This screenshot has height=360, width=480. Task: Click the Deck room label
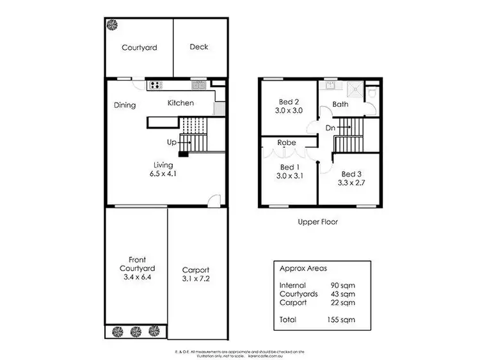coord(199,47)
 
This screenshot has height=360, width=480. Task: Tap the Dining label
coord(125,106)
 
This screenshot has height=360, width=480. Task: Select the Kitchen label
coord(180,103)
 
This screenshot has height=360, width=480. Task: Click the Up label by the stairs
coord(172,141)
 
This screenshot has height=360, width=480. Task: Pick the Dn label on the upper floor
coord(330,129)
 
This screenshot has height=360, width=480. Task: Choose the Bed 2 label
coord(289,102)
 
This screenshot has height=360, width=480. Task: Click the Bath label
coord(340,104)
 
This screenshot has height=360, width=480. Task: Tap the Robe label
coord(286,143)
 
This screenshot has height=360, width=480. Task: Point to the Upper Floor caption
coord(317,223)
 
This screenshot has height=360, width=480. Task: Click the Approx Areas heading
coord(305,269)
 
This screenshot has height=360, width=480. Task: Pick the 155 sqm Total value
coord(342,319)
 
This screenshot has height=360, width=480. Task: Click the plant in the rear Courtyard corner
coord(113,25)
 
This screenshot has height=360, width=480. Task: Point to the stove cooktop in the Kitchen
coord(156,84)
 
